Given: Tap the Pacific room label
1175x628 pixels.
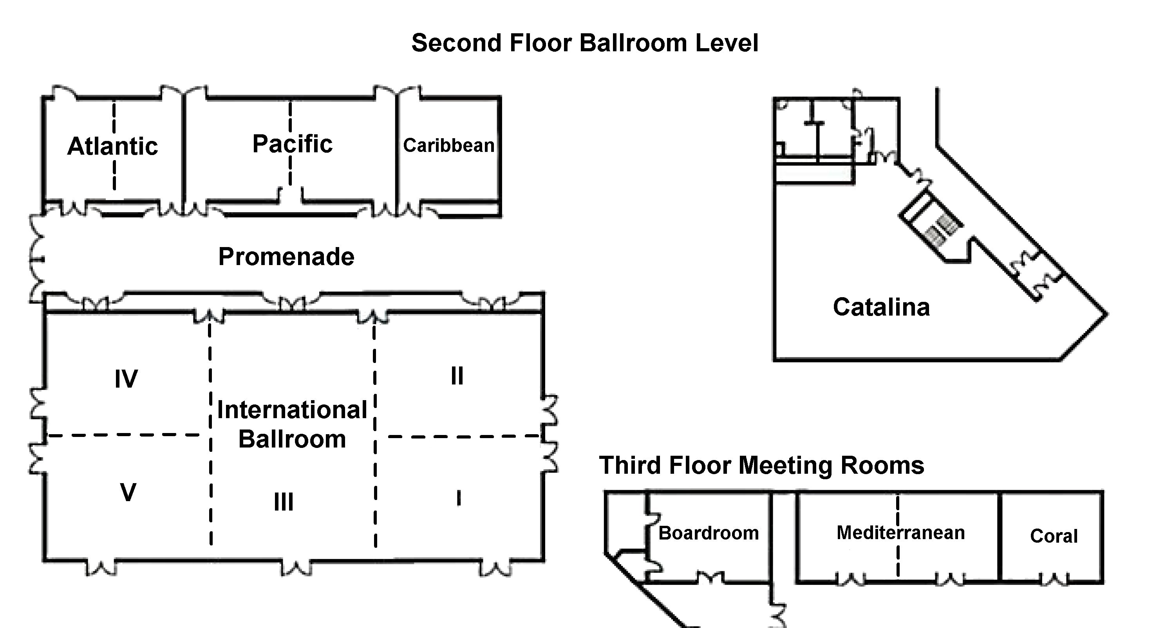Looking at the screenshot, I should [x=293, y=144].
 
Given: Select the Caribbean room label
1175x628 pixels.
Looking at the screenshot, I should [x=448, y=146].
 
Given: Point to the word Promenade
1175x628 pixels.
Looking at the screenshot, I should [x=286, y=256].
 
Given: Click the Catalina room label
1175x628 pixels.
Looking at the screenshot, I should [x=881, y=307].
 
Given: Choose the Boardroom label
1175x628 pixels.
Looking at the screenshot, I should [x=709, y=533].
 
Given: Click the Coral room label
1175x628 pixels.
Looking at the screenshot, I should [x=1054, y=536].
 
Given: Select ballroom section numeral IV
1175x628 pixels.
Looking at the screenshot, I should [x=126, y=379].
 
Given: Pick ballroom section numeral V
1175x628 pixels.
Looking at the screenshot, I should [x=128, y=493].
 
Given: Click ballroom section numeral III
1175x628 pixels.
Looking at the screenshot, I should [x=283, y=502].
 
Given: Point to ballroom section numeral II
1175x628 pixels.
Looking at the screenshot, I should [x=457, y=376].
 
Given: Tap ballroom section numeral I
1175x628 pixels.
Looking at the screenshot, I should [x=459, y=498].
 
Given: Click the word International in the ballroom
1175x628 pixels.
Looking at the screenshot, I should [x=292, y=410].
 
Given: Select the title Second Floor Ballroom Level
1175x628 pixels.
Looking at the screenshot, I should [x=585, y=43].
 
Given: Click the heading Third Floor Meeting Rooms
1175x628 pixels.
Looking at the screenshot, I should [x=761, y=465].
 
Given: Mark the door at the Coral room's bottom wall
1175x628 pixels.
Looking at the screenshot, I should [x=1054, y=580].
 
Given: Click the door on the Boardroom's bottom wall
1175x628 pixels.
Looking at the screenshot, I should [x=710, y=578].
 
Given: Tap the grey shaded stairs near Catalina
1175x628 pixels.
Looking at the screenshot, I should [x=941, y=230].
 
